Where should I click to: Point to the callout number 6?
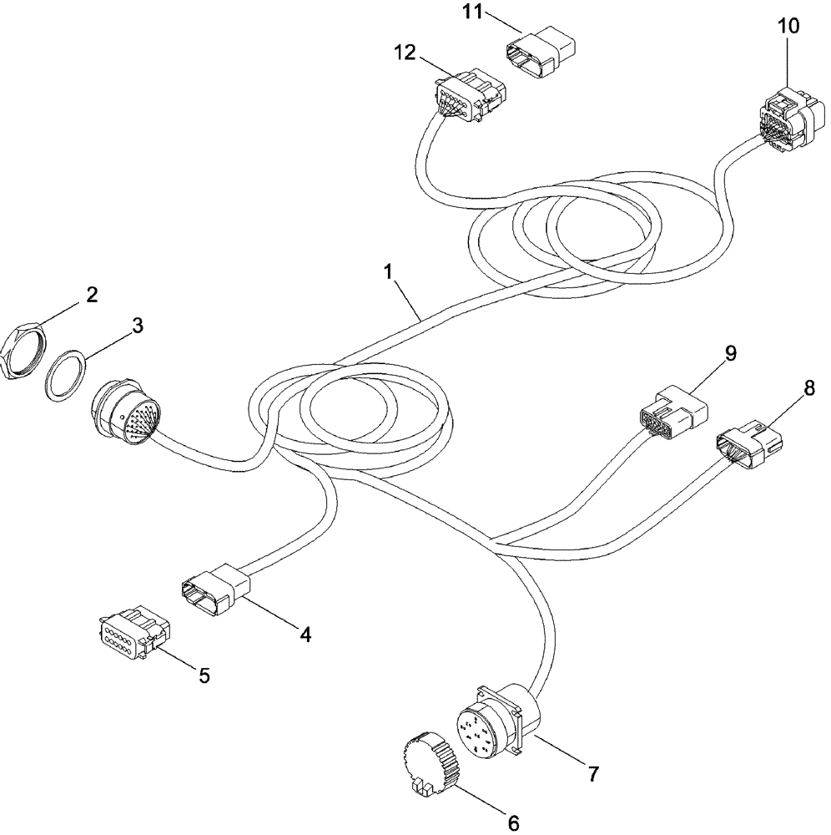coord(512,823)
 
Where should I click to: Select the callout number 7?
coord(592,774)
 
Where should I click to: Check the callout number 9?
coord(730,353)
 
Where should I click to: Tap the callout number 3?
coord(136,326)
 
